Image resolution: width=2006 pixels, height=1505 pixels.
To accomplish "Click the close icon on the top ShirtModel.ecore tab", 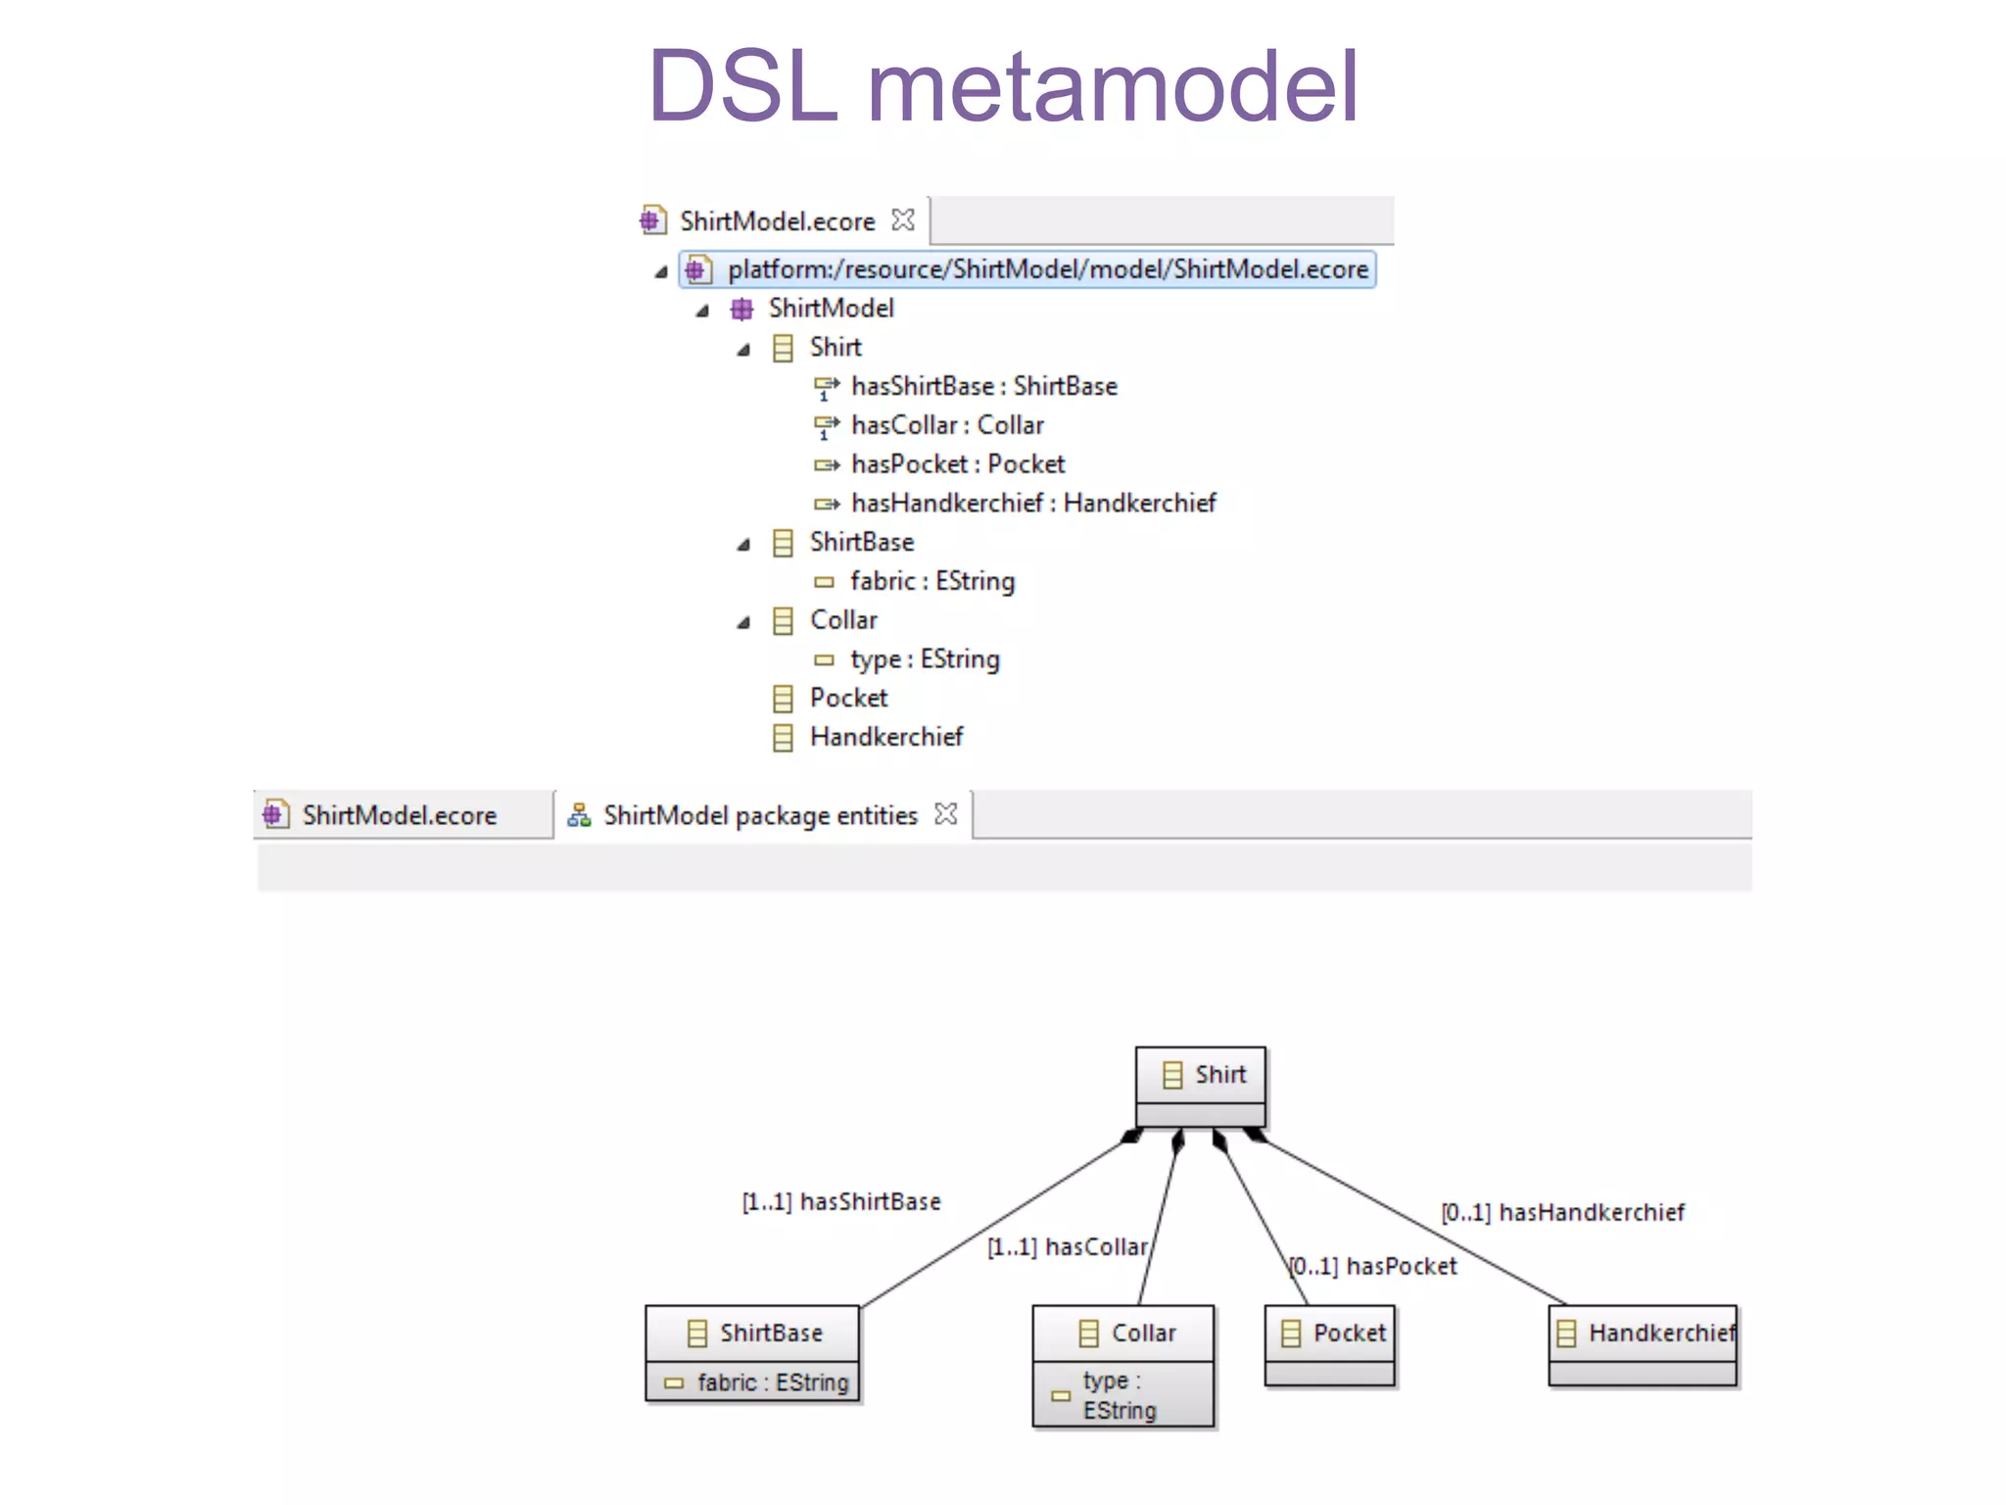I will tap(902, 220).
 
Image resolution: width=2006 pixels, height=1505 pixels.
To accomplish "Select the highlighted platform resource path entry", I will tap(1046, 269).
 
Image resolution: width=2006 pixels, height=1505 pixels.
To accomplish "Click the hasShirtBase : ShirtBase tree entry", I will tap(983, 387).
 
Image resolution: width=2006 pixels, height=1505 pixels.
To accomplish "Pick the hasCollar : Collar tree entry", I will tap(946, 425).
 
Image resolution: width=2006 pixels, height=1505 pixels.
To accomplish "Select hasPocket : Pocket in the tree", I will tap(957, 464).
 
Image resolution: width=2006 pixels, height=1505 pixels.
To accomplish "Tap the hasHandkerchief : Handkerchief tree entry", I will tap(1032, 504).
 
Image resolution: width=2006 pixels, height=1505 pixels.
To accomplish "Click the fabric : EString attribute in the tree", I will tap(931, 581).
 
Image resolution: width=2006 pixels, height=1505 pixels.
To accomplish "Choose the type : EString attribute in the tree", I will tap(924, 659).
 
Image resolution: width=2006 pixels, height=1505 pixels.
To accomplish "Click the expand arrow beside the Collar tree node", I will tap(743, 622).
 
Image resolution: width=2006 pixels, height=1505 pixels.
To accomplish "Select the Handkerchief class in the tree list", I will tap(885, 737).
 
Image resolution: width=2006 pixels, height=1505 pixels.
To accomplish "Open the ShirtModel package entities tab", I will tap(759, 815).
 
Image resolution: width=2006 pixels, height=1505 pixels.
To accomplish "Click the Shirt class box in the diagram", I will tap(1201, 1076).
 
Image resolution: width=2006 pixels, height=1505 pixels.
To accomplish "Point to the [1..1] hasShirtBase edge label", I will tap(840, 1202).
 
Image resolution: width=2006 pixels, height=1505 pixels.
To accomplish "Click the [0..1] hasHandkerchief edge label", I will tap(1562, 1213).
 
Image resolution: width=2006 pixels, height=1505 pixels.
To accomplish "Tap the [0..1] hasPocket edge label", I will tap(1372, 1267).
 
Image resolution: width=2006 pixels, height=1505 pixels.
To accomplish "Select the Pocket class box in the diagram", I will tap(1330, 1334).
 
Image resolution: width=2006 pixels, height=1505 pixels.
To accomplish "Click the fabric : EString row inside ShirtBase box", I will tap(771, 1383).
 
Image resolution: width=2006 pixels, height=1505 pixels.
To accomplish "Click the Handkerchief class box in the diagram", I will tap(1644, 1334).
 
